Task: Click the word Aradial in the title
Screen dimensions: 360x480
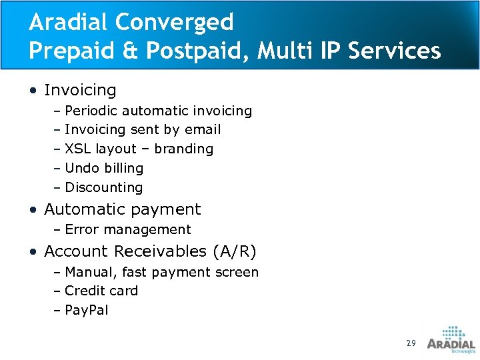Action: (x=69, y=22)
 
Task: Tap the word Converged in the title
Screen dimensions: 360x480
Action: (x=175, y=22)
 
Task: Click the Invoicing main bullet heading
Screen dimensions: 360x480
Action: (x=80, y=90)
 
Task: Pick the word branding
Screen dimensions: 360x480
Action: (x=183, y=149)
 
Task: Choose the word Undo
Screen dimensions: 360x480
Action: (x=81, y=168)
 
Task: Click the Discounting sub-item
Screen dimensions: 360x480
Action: (x=103, y=187)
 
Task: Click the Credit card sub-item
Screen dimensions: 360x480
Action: (x=101, y=291)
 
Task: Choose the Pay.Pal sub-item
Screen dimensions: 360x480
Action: (x=87, y=310)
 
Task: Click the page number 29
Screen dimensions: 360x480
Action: (x=411, y=343)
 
